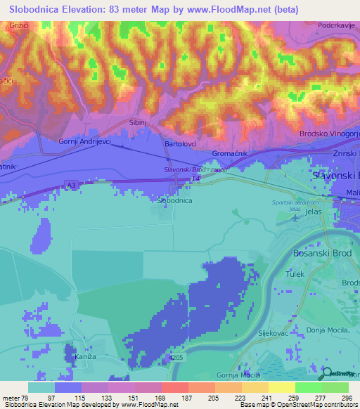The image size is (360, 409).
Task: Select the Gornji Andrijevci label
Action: point(84,141)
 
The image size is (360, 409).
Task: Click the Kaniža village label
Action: point(84,358)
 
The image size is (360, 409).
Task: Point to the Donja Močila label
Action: point(323,330)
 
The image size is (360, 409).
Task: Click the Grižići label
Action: point(18,25)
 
